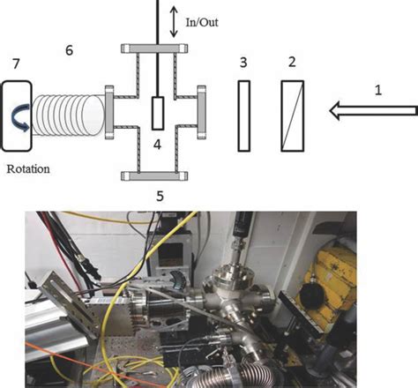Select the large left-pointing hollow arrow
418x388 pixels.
pos(370,111)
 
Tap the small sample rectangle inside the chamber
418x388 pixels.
pos(157,112)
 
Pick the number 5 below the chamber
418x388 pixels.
pos(160,196)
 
